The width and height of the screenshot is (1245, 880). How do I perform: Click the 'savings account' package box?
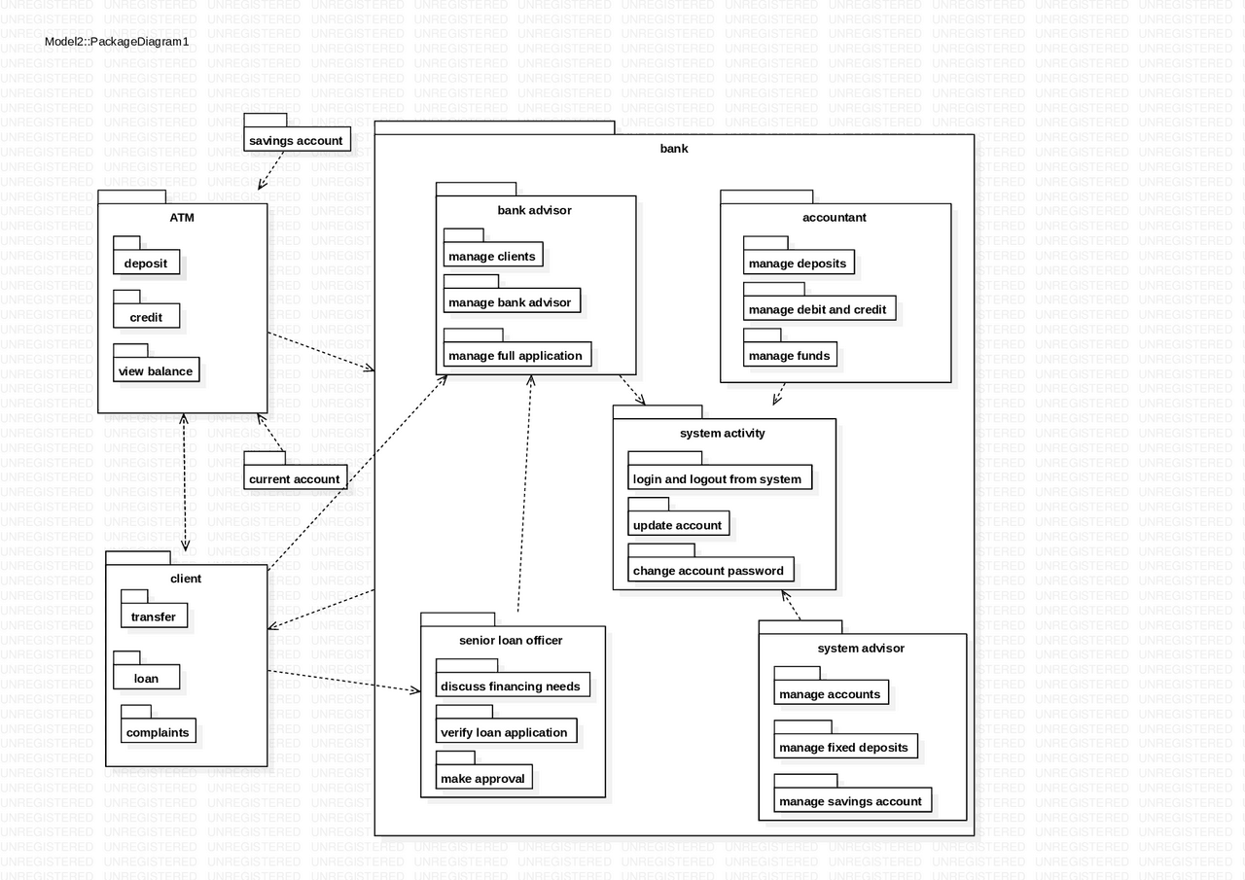tap(296, 140)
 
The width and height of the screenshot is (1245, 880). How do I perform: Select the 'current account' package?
tap(295, 478)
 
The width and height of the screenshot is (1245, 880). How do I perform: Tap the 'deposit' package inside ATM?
tap(146, 263)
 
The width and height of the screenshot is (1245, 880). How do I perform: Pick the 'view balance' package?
tap(156, 370)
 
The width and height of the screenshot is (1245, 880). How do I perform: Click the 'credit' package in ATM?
tap(146, 317)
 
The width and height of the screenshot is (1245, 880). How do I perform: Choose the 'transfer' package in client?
tap(154, 616)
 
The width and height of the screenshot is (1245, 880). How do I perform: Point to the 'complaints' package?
tap(158, 732)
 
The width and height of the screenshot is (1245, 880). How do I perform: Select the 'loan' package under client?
tap(146, 678)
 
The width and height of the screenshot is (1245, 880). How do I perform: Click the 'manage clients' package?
tap(492, 257)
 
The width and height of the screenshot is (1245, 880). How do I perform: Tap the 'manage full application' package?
tap(516, 355)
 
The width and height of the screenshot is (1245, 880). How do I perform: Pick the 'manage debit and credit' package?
tap(818, 309)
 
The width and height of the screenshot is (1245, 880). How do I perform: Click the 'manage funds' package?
tap(790, 355)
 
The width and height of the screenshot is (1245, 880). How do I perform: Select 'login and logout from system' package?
tap(718, 478)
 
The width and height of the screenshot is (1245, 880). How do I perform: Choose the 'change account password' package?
tap(708, 571)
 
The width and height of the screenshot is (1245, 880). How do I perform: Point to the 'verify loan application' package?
tap(504, 732)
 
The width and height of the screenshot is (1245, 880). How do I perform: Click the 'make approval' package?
tap(482, 778)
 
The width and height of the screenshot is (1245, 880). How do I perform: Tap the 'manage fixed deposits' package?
tap(844, 747)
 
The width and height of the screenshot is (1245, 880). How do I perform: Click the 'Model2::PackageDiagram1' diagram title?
tap(117, 41)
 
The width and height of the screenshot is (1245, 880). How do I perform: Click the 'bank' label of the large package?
tap(674, 149)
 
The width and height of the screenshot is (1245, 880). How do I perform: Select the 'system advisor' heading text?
tap(862, 648)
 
